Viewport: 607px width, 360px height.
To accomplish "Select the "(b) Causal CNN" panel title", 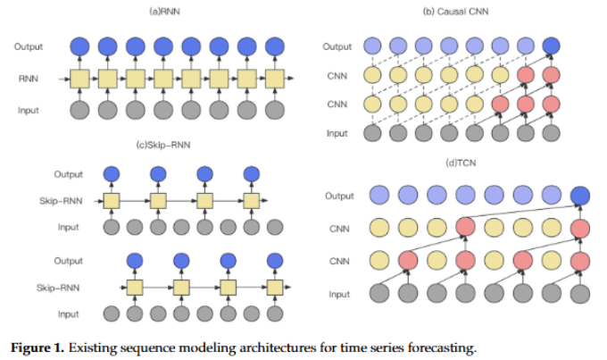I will coord(449,11).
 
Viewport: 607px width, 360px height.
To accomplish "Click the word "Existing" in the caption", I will coord(101,347).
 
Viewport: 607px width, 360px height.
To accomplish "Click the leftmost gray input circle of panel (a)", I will coord(79,110).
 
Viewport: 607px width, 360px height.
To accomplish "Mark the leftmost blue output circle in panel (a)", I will coord(79,46).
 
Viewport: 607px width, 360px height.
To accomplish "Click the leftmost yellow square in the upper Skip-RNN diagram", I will coord(112,200).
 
